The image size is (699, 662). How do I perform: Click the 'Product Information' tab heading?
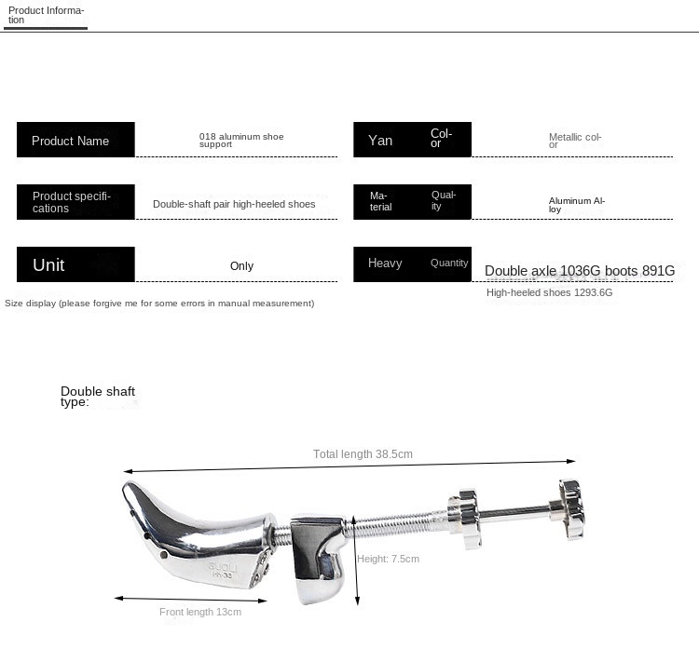(46, 15)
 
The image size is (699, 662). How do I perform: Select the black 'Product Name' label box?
(75, 140)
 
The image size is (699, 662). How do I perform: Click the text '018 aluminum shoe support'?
(241, 141)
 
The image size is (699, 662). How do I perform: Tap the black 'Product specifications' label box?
(75, 202)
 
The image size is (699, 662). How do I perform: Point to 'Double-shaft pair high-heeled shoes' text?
(234, 204)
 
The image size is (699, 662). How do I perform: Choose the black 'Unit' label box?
(75, 264)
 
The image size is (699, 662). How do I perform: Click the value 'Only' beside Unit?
(241, 266)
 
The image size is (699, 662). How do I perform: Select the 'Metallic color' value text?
(575, 141)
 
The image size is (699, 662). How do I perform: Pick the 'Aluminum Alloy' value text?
(577, 205)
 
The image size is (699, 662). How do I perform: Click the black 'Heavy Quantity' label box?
(412, 263)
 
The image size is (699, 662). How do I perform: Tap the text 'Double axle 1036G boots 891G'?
(579, 271)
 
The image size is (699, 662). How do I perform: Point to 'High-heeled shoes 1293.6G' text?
(549, 292)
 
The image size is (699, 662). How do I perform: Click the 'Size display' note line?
(159, 304)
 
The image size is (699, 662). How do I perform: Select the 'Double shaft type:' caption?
(97, 397)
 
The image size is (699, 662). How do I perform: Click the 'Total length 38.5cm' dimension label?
(363, 454)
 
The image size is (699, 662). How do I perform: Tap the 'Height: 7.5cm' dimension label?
(388, 559)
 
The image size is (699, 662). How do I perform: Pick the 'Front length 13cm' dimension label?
(199, 612)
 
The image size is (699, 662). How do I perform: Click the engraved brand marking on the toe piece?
(198, 567)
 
